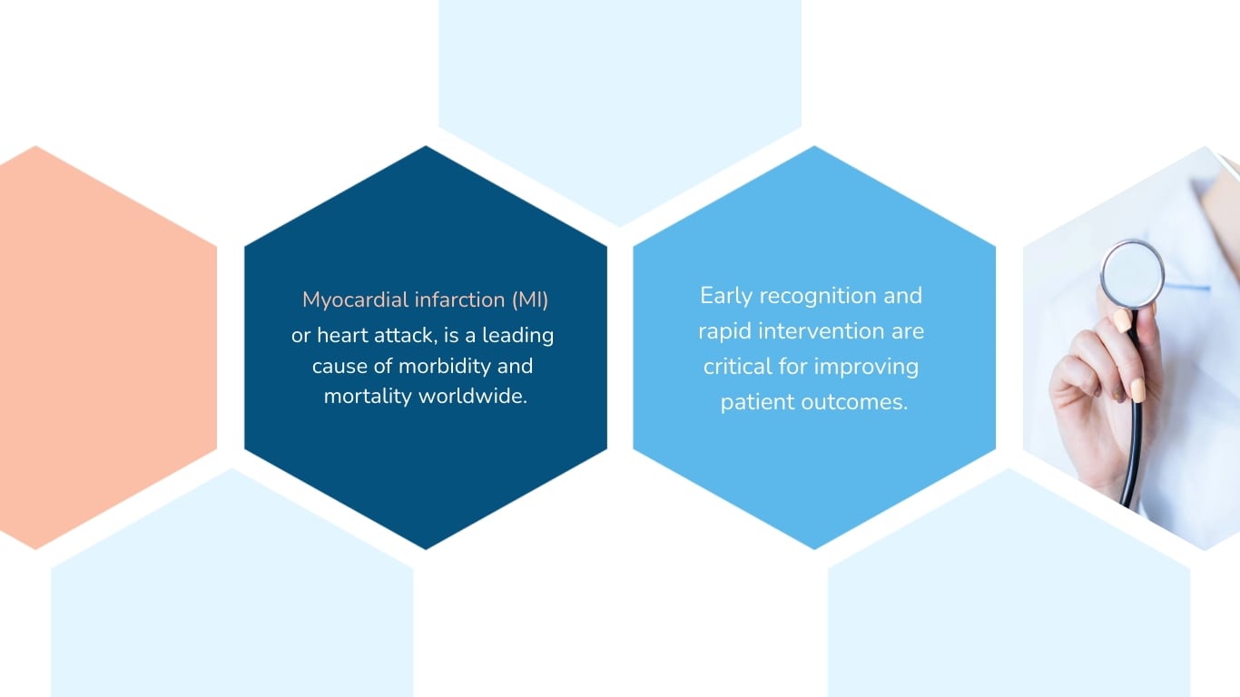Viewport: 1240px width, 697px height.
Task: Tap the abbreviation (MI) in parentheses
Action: [x=529, y=299]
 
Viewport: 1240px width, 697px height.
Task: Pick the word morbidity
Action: [x=431, y=367]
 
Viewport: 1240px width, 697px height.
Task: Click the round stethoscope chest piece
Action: [x=1132, y=272]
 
